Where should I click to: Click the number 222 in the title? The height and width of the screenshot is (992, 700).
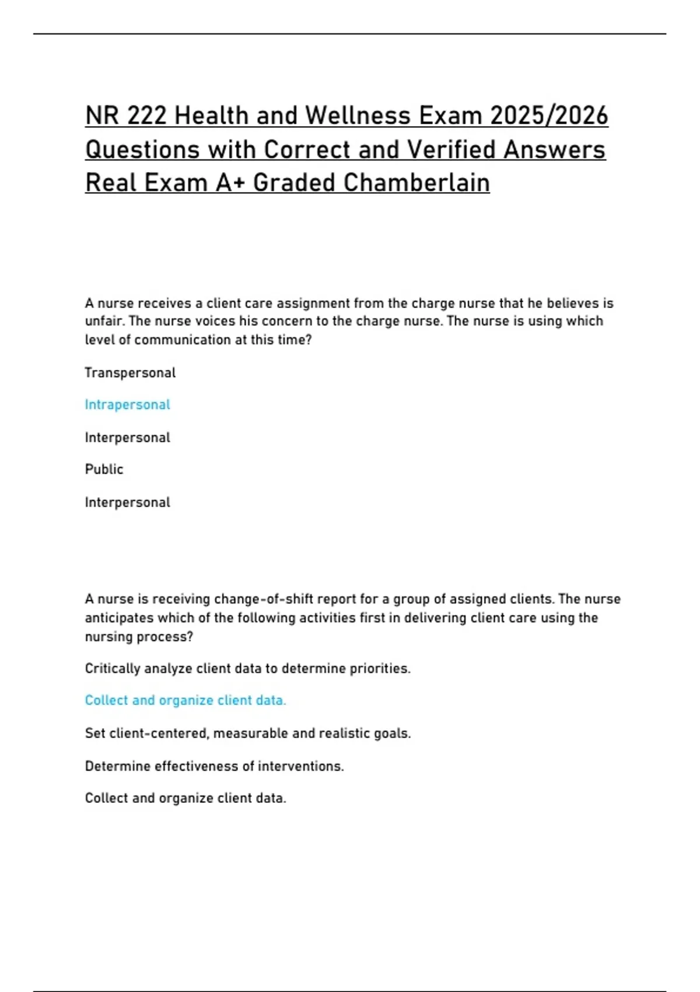[147, 116]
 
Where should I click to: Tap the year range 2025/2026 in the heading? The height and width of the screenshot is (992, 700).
[549, 116]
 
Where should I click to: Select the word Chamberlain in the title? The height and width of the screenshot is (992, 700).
[416, 183]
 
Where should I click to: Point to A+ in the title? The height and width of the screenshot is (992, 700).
[231, 183]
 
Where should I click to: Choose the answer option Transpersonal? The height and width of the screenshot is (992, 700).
[130, 373]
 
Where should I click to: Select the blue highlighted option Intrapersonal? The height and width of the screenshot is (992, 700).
[127, 405]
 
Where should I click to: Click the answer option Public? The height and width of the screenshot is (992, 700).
[104, 470]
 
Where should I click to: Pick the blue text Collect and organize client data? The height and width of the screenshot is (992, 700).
[185, 700]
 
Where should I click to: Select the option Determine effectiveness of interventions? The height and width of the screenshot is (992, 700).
[214, 766]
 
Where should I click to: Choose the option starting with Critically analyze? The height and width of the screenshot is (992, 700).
[247, 669]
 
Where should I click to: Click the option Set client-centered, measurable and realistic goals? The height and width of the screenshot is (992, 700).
[247, 733]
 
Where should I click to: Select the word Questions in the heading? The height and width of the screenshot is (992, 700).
[143, 149]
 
